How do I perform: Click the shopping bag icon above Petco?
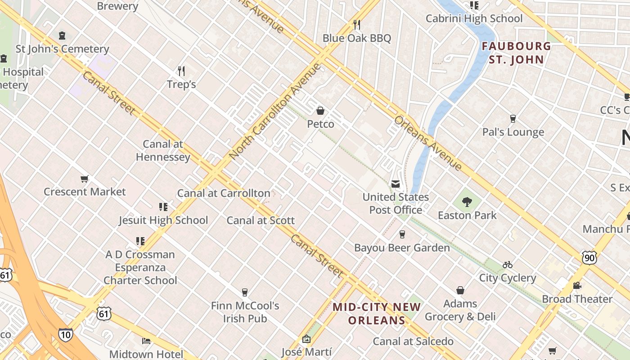pyautogui.click(x=320, y=110)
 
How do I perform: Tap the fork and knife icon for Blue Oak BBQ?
pyautogui.click(x=357, y=24)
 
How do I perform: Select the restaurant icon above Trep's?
pyautogui.click(x=181, y=71)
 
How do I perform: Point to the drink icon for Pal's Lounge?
pyautogui.click(x=513, y=119)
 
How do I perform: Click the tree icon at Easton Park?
pyautogui.click(x=467, y=202)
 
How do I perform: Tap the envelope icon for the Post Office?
pyautogui.click(x=396, y=184)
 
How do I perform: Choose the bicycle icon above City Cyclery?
pyautogui.click(x=508, y=265)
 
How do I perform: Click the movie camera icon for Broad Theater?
pyautogui.click(x=577, y=285)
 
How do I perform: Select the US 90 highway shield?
pyautogui.click(x=589, y=257)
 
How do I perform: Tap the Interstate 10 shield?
pyautogui.click(x=65, y=334)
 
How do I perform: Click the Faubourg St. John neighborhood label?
pyautogui.click(x=516, y=53)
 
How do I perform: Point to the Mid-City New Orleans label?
pyautogui.click(x=377, y=314)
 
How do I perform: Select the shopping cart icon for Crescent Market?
pyautogui.click(x=84, y=179)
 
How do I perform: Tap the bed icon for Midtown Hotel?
pyautogui.click(x=146, y=341)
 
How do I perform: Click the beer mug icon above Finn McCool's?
pyautogui.click(x=245, y=292)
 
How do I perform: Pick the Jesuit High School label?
pyautogui.click(x=163, y=220)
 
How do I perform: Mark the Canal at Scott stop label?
pyautogui.click(x=261, y=220)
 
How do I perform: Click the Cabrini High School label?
pyautogui.click(x=474, y=18)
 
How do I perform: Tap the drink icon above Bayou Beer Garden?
pyautogui.click(x=402, y=234)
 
